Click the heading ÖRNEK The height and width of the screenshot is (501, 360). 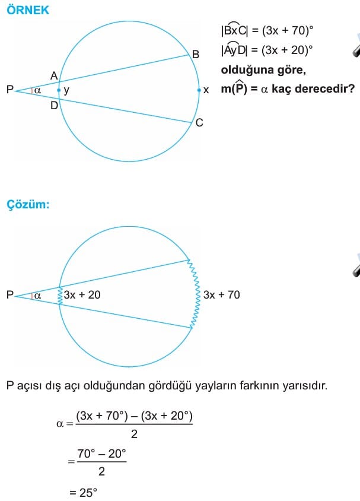coord(28,10)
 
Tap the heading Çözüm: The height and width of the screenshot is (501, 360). coord(28,204)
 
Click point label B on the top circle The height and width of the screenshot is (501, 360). coord(196,55)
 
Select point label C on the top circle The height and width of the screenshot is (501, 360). coord(199,123)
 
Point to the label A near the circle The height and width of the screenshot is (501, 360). coord(54,76)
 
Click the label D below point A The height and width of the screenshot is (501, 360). coord(54,105)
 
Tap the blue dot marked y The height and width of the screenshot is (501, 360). coord(59,90)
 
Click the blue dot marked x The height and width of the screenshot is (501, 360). coord(199,90)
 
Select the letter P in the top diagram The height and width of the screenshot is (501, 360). coord(10,90)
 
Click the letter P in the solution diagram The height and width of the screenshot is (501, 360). coord(10,294)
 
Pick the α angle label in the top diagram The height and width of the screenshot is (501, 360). coord(37,90)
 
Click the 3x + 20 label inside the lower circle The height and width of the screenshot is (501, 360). coord(82,294)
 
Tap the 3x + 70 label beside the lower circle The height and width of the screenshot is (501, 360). coord(221,294)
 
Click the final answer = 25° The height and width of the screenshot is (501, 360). coord(83,492)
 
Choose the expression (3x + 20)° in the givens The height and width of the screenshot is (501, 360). coord(287,50)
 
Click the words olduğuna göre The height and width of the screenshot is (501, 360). coord(263,70)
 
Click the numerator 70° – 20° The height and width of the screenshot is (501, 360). coord(101,454)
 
